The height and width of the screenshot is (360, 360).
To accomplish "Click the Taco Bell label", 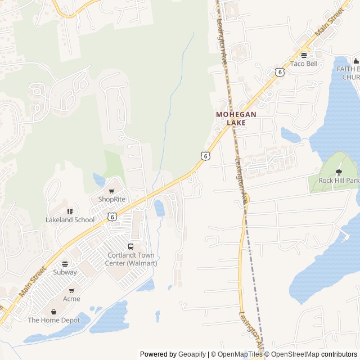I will click(304, 64).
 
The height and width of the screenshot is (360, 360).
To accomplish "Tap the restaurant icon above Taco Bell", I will click(304, 55).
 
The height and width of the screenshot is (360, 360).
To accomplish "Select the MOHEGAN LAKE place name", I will click(236, 118).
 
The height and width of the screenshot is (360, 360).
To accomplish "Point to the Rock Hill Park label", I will click(339, 181).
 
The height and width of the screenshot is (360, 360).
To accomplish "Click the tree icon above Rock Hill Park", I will click(339, 172).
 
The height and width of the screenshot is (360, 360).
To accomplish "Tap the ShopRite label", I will click(111, 199).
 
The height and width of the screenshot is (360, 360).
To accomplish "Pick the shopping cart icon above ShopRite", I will click(111, 191).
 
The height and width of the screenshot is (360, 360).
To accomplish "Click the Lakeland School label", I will click(70, 220).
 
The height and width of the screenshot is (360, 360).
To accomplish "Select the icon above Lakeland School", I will click(70, 211).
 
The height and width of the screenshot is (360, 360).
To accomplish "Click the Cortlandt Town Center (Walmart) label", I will click(132, 259).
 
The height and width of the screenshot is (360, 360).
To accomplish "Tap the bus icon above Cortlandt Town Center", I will click(131, 246).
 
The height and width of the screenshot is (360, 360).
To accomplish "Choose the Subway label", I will click(65, 272).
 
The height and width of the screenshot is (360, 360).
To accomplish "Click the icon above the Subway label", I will click(65, 264).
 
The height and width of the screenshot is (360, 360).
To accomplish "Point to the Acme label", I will click(71, 299).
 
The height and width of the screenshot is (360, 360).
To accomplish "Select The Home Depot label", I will click(54, 320).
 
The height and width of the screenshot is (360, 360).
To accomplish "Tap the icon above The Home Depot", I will click(54, 312).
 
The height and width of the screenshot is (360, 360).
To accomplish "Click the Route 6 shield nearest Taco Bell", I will click(280, 71).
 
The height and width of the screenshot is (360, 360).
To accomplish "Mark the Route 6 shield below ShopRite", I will click(112, 217).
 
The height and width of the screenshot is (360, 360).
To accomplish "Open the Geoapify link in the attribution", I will click(192, 354).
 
